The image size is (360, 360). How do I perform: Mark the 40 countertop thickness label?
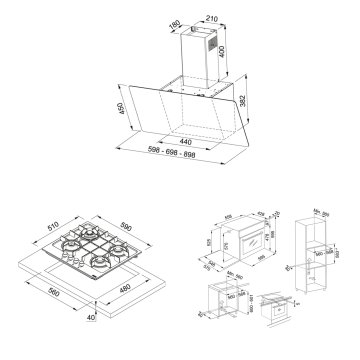pos(95,317)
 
